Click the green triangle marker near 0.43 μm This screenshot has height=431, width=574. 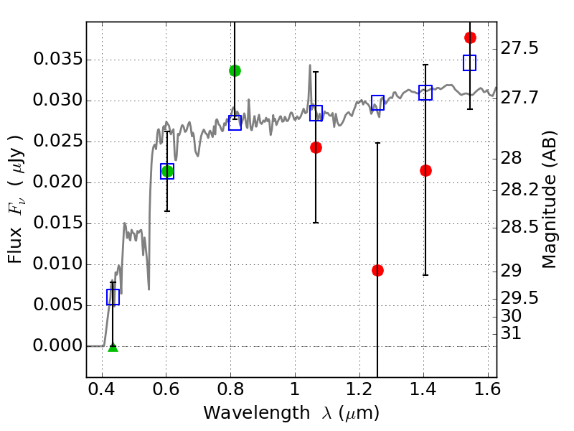pos(113,347)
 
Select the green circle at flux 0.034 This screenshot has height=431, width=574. pos(235,70)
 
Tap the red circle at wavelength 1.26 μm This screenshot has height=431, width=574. pos(377,270)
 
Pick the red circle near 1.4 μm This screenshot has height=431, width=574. pos(425,170)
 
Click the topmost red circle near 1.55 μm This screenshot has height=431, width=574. pos(470,37)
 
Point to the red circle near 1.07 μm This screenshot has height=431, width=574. pos(316,147)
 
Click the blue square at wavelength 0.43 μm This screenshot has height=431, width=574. pos(113,297)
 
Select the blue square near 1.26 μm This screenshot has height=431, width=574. pos(377,103)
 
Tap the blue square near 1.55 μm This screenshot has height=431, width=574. pos(470,62)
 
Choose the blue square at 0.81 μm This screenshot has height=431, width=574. pos(235,123)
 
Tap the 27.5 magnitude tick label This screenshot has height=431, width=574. pos(521,49)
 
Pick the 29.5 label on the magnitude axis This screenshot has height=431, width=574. pos(521,298)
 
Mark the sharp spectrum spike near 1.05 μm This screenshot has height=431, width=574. pos(310,66)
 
